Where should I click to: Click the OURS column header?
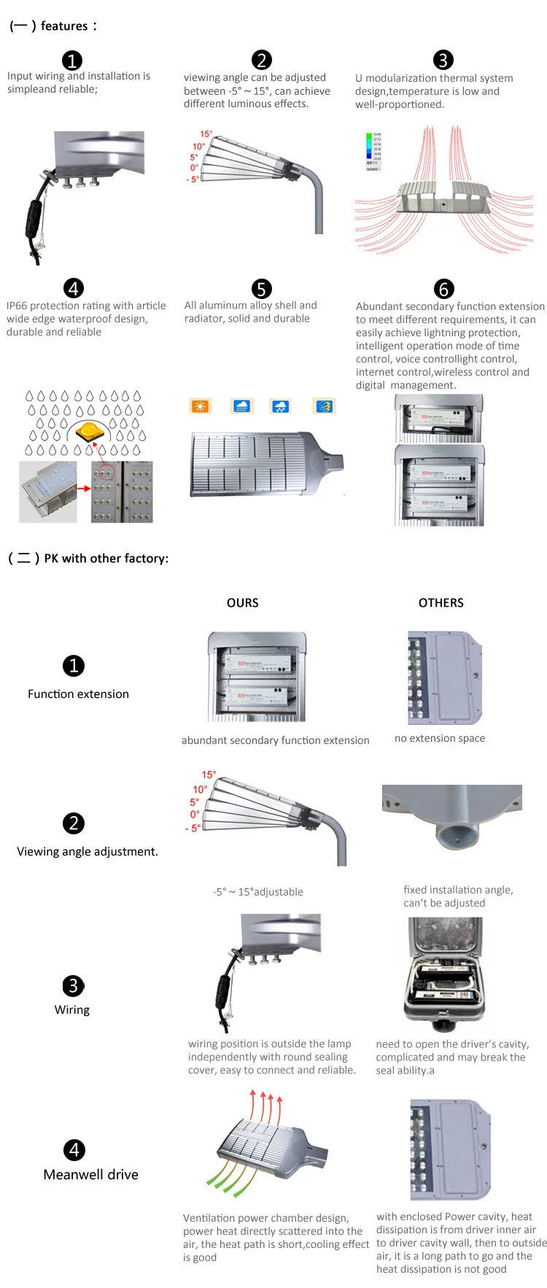click(x=242, y=602)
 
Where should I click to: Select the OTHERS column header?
click(x=441, y=602)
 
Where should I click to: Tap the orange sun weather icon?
click(x=200, y=407)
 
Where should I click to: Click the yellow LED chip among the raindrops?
click(x=90, y=432)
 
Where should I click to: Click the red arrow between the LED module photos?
click(x=84, y=488)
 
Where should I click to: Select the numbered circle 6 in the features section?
click(x=443, y=289)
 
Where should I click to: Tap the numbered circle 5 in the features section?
click(x=261, y=289)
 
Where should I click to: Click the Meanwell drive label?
click(x=90, y=1174)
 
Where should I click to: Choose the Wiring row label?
click(x=72, y=1009)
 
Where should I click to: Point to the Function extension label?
click(x=78, y=694)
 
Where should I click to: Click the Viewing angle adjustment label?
click(x=88, y=851)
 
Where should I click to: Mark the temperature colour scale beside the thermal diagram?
click(x=373, y=151)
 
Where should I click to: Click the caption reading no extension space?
click(x=439, y=738)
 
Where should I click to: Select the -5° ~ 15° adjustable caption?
click(x=258, y=891)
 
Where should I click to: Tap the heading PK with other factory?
click(x=106, y=558)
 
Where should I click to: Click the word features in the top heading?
click(x=64, y=26)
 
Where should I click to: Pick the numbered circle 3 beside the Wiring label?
click(x=73, y=986)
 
